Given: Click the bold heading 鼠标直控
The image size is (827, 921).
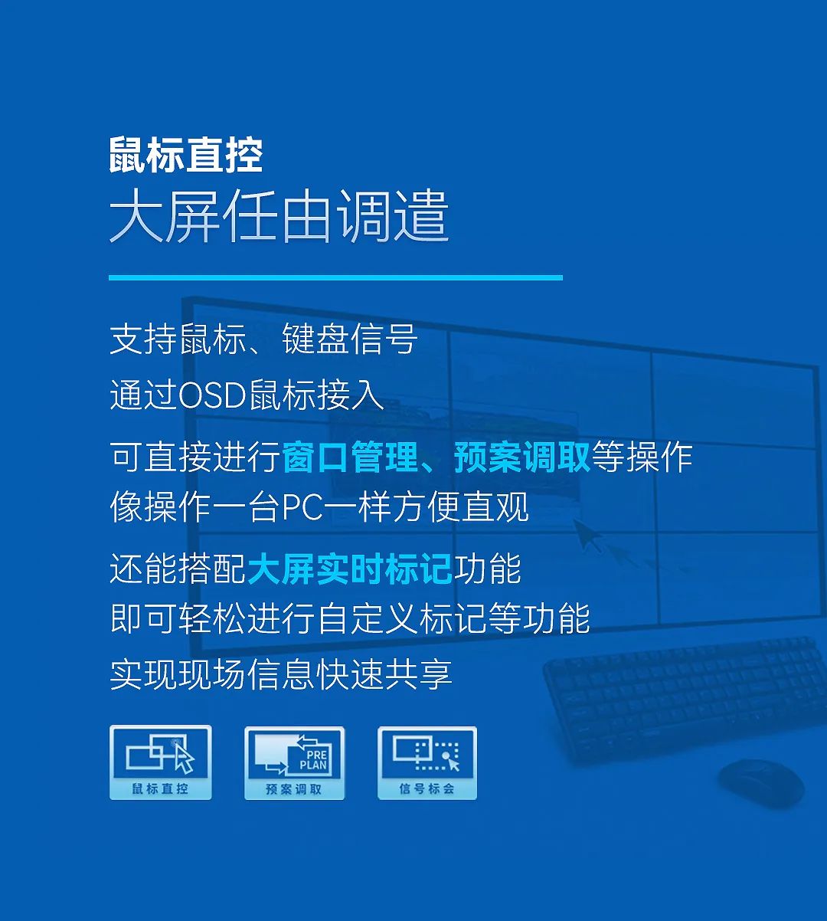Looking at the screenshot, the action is pyautogui.click(x=186, y=156).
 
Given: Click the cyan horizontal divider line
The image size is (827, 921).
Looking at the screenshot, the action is pyautogui.click(x=336, y=277).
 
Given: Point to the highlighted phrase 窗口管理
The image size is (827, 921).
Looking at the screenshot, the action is pyautogui.click(x=349, y=457).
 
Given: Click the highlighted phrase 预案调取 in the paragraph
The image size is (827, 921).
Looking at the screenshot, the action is pyautogui.click(x=522, y=457).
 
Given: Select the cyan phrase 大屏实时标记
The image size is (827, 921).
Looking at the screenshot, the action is pyautogui.click(x=350, y=569).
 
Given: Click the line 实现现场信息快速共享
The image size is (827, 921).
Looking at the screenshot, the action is pyautogui.click(x=281, y=674).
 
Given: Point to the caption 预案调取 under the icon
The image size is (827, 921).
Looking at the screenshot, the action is pyautogui.click(x=293, y=789).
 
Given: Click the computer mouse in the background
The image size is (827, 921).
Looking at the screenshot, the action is pyautogui.click(x=762, y=783).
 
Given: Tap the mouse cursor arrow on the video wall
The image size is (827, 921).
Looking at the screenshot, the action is pyautogui.click(x=587, y=536).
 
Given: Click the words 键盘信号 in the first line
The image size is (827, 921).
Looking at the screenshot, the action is pyautogui.click(x=349, y=339).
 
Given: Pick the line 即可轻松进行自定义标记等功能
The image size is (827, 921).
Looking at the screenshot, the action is pyautogui.click(x=350, y=618).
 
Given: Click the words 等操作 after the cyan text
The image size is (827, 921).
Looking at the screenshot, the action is pyautogui.click(x=642, y=457).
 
